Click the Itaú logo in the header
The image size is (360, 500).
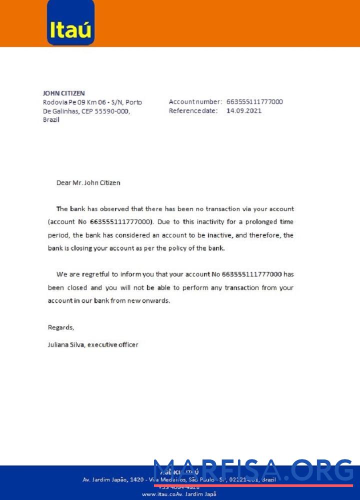(70, 23)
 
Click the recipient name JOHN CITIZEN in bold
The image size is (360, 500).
(64, 93)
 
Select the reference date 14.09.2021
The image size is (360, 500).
(244, 111)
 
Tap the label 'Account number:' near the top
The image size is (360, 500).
(195, 102)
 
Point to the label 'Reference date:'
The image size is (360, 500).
(193, 111)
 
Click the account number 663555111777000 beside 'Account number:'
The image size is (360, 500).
(254, 102)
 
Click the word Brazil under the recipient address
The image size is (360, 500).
(51, 120)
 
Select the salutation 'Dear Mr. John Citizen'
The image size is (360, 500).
(88, 183)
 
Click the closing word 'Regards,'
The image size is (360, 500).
(61, 327)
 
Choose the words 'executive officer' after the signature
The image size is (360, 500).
(113, 344)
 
